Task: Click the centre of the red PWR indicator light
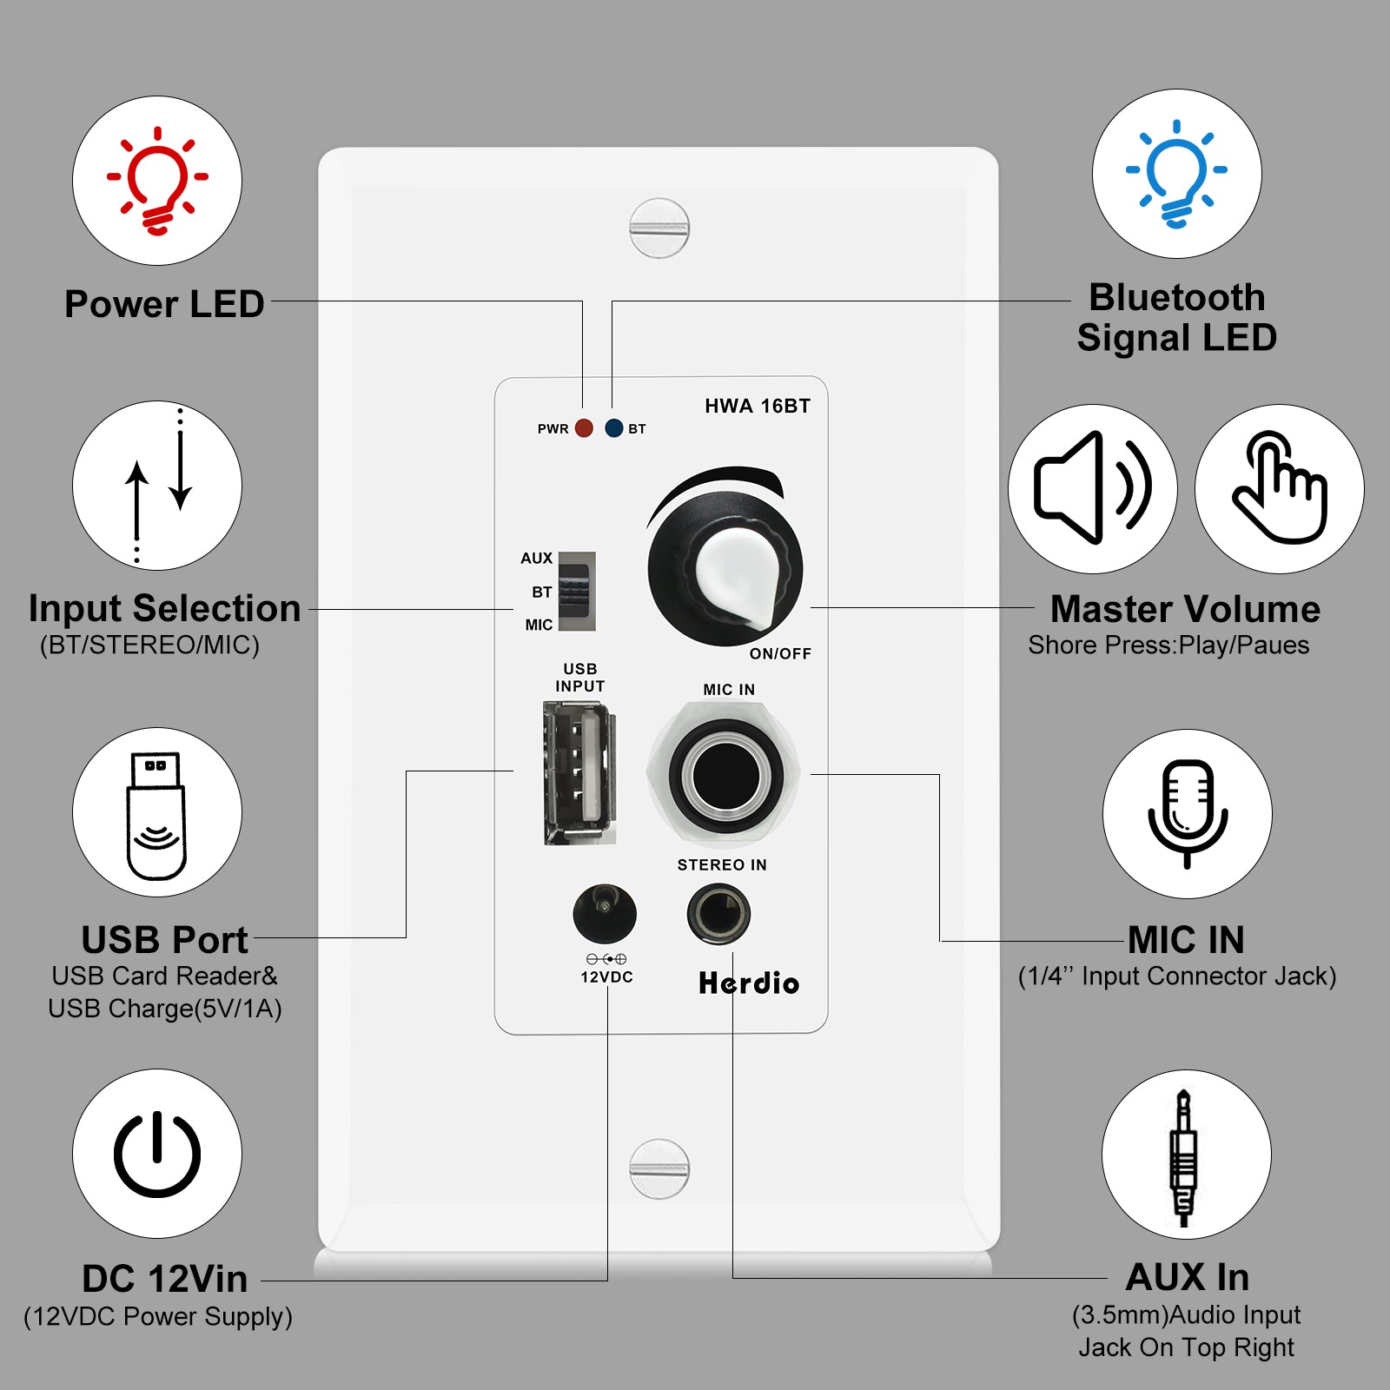584,427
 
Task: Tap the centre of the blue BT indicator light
614,427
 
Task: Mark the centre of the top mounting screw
659,228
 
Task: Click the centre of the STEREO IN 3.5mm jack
718,914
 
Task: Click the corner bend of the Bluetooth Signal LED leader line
612,301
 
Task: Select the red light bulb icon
157,180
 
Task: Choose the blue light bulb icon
1176,173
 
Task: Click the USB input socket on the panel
579,772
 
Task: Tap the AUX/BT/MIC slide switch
577,591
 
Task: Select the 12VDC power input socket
605,914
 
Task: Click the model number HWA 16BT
758,406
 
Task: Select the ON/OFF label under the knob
780,653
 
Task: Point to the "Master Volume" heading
1185,609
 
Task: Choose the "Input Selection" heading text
165,608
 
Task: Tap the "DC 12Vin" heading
165,1279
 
